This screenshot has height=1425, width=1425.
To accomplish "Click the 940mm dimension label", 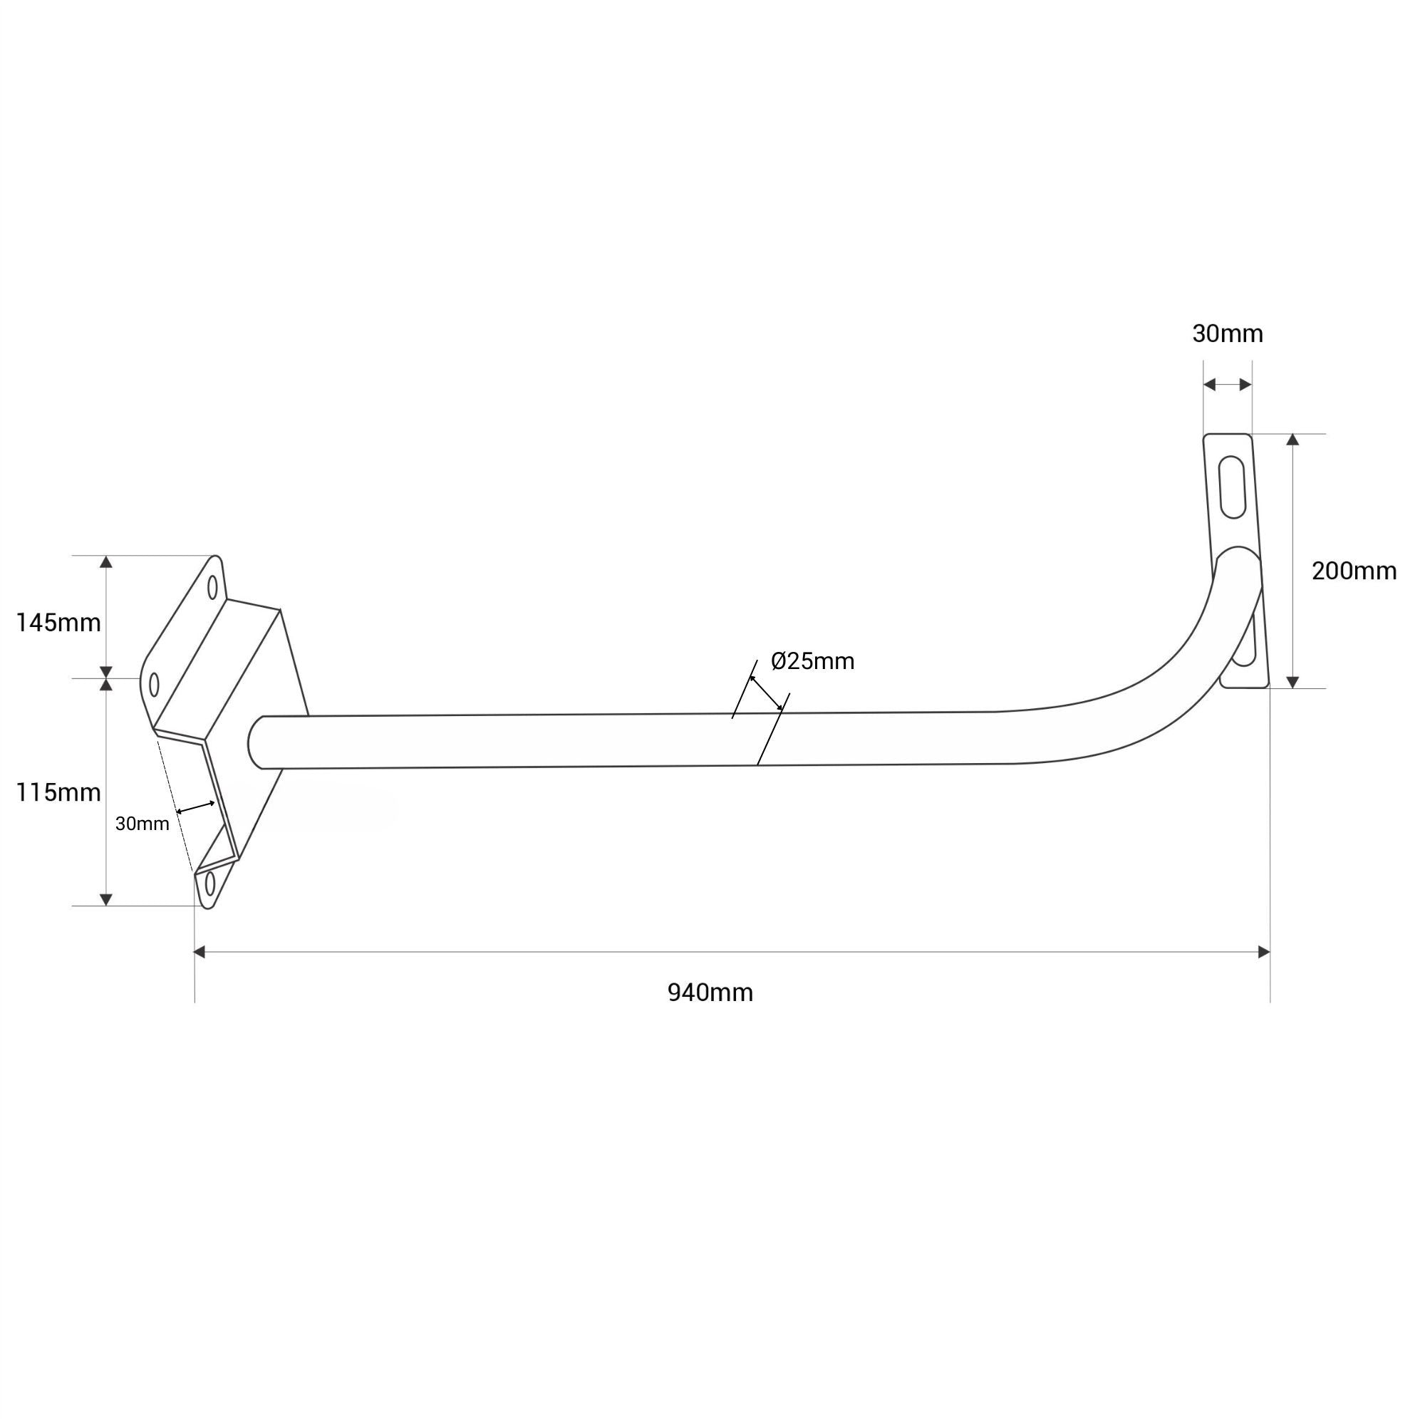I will coord(710,993).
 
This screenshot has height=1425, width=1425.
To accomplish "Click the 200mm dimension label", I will coord(1354,571).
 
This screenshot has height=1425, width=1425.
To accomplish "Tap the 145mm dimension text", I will coord(58,623).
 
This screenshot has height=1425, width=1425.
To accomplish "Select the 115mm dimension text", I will coord(58,793).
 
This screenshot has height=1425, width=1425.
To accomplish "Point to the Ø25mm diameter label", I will coord(812,662).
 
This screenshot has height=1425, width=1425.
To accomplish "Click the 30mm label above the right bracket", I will coord(1228,334).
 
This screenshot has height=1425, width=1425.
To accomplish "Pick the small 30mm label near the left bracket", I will coord(142,824).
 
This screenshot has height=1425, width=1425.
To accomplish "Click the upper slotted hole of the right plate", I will coord(1233,487).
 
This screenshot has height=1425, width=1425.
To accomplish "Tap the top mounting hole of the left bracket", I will coord(212,588).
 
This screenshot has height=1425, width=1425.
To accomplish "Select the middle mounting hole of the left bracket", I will coord(154,685).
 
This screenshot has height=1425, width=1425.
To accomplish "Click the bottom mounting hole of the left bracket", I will coord(210,883).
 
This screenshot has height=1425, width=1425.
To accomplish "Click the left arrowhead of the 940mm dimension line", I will coord(199,952).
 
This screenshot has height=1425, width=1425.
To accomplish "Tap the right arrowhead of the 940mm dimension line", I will coord(1263,952).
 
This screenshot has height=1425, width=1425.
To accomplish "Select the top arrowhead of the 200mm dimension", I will coord(1292,440).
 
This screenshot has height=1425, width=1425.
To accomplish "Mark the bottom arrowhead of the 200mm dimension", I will coord(1292,683).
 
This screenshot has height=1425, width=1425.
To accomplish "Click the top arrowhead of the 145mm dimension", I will coord(106,562).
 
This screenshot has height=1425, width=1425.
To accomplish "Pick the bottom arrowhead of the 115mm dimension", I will coord(106,899).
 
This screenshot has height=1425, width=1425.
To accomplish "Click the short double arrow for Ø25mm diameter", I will coord(767,693).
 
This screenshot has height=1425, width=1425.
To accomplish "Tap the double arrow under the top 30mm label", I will coord(1228,384).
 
